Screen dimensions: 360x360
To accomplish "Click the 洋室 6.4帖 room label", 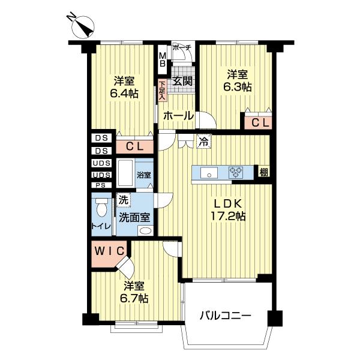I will click(124, 86).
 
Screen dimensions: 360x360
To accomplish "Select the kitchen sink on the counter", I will click(209, 173).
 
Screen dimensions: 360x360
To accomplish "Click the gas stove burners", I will click(236, 173).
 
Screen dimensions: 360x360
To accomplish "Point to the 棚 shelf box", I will click(263, 173).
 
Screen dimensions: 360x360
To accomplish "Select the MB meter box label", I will click(163, 60).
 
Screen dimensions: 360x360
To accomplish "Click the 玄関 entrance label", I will click(182, 82).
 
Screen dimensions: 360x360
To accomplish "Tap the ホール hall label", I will click(178, 115).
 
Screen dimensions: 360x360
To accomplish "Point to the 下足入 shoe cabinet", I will click(161, 91).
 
